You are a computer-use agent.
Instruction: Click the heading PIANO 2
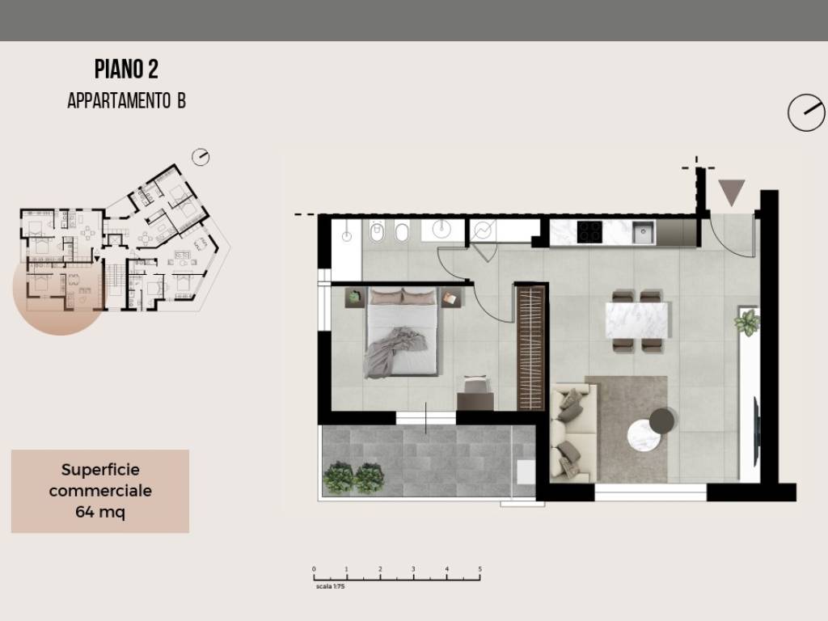click(x=126, y=70)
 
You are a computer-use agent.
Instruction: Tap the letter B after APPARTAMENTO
click(x=181, y=100)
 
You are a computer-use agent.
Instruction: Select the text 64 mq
click(x=100, y=512)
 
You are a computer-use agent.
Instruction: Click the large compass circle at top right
click(x=806, y=112)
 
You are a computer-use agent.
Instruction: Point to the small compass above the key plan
click(x=201, y=157)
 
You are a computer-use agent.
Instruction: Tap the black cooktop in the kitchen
click(x=589, y=232)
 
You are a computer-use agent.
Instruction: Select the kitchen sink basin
click(x=644, y=232)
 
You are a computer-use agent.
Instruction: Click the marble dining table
click(x=636, y=320)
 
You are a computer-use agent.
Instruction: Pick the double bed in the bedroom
click(x=403, y=332)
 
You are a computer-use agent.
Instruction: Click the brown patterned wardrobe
click(x=530, y=348)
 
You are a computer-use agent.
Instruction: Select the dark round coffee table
click(x=661, y=420)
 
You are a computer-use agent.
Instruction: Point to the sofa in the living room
click(x=574, y=432)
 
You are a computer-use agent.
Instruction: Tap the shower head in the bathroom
click(x=346, y=236)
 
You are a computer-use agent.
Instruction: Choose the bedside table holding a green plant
click(x=355, y=298)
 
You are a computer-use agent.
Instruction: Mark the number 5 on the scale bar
click(x=480, y=568)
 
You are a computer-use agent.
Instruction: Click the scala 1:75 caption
click(x=330, y=586)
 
